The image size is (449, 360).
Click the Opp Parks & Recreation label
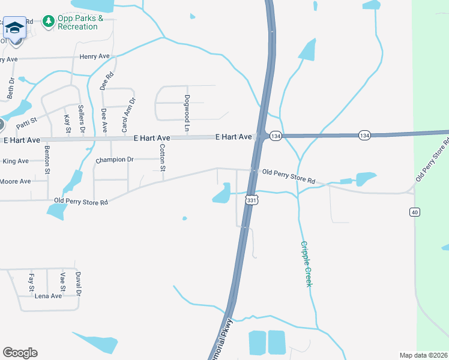[x=80, y=22]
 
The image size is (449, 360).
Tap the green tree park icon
[x=49, y=22]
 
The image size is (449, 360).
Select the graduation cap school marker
[x=14, y=28]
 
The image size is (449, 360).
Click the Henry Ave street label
[x=94, y=56]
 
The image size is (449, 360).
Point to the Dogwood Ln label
[x=187, y=113]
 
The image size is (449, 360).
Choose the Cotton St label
[x=163, y=157]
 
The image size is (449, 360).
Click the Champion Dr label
[x=114, y=160]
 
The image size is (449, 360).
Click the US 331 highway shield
[x=252, y=199]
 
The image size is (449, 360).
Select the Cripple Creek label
[x=306, y=263]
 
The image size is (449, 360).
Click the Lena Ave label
[x=48, y=296]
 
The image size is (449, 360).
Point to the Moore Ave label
[x=15, y=181]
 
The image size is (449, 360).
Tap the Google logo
[x=20, y=353]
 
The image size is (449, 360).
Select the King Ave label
[x=16, y=161]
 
